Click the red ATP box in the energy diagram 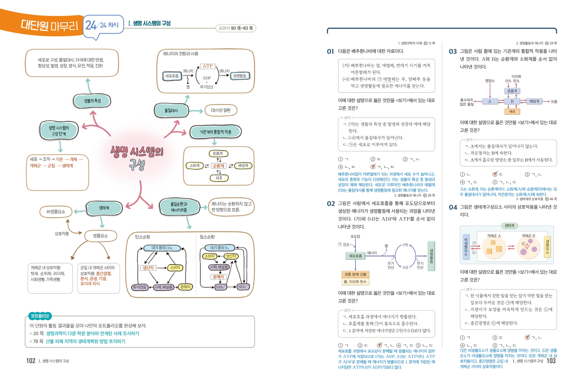pyautogui.click(x=207, y=66)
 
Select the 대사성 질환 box pyautogui.click(x=221, y=110)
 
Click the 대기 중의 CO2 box pyautogui.click(x=162, y=248)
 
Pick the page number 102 pyautogui.click(x=30, y=361)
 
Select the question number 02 pyautogui.click(x=331, y=204)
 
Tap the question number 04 pyautogui.click(x=452, y=207)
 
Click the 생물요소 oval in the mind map pyautogui.click(x=100, y=236)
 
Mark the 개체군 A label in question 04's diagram pyautogui.click(x=493, y=236)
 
